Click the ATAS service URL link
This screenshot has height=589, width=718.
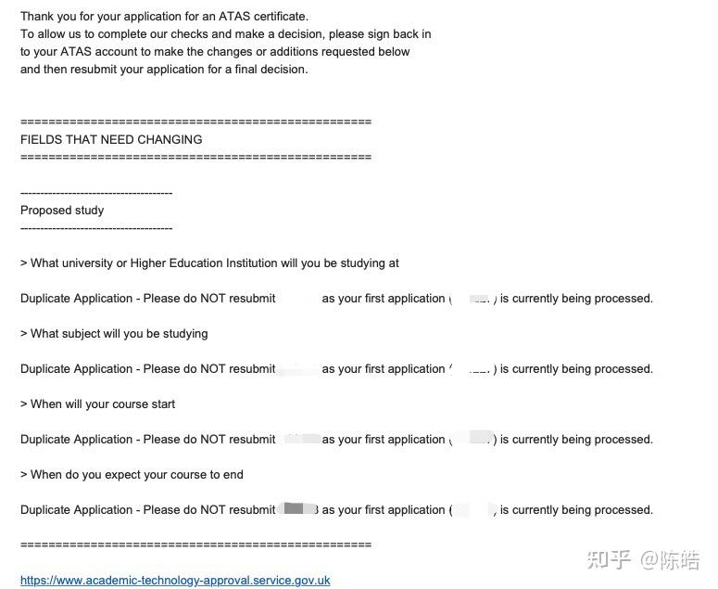(175, 581)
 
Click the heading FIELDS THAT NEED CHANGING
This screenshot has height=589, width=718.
(111, 140)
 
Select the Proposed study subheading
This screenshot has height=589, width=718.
(62, 211)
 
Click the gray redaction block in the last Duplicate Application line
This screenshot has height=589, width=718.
(295, 508)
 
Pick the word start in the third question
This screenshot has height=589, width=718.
(162, 404)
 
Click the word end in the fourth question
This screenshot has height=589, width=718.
(233, 475)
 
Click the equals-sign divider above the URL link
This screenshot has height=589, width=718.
(195, 544)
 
